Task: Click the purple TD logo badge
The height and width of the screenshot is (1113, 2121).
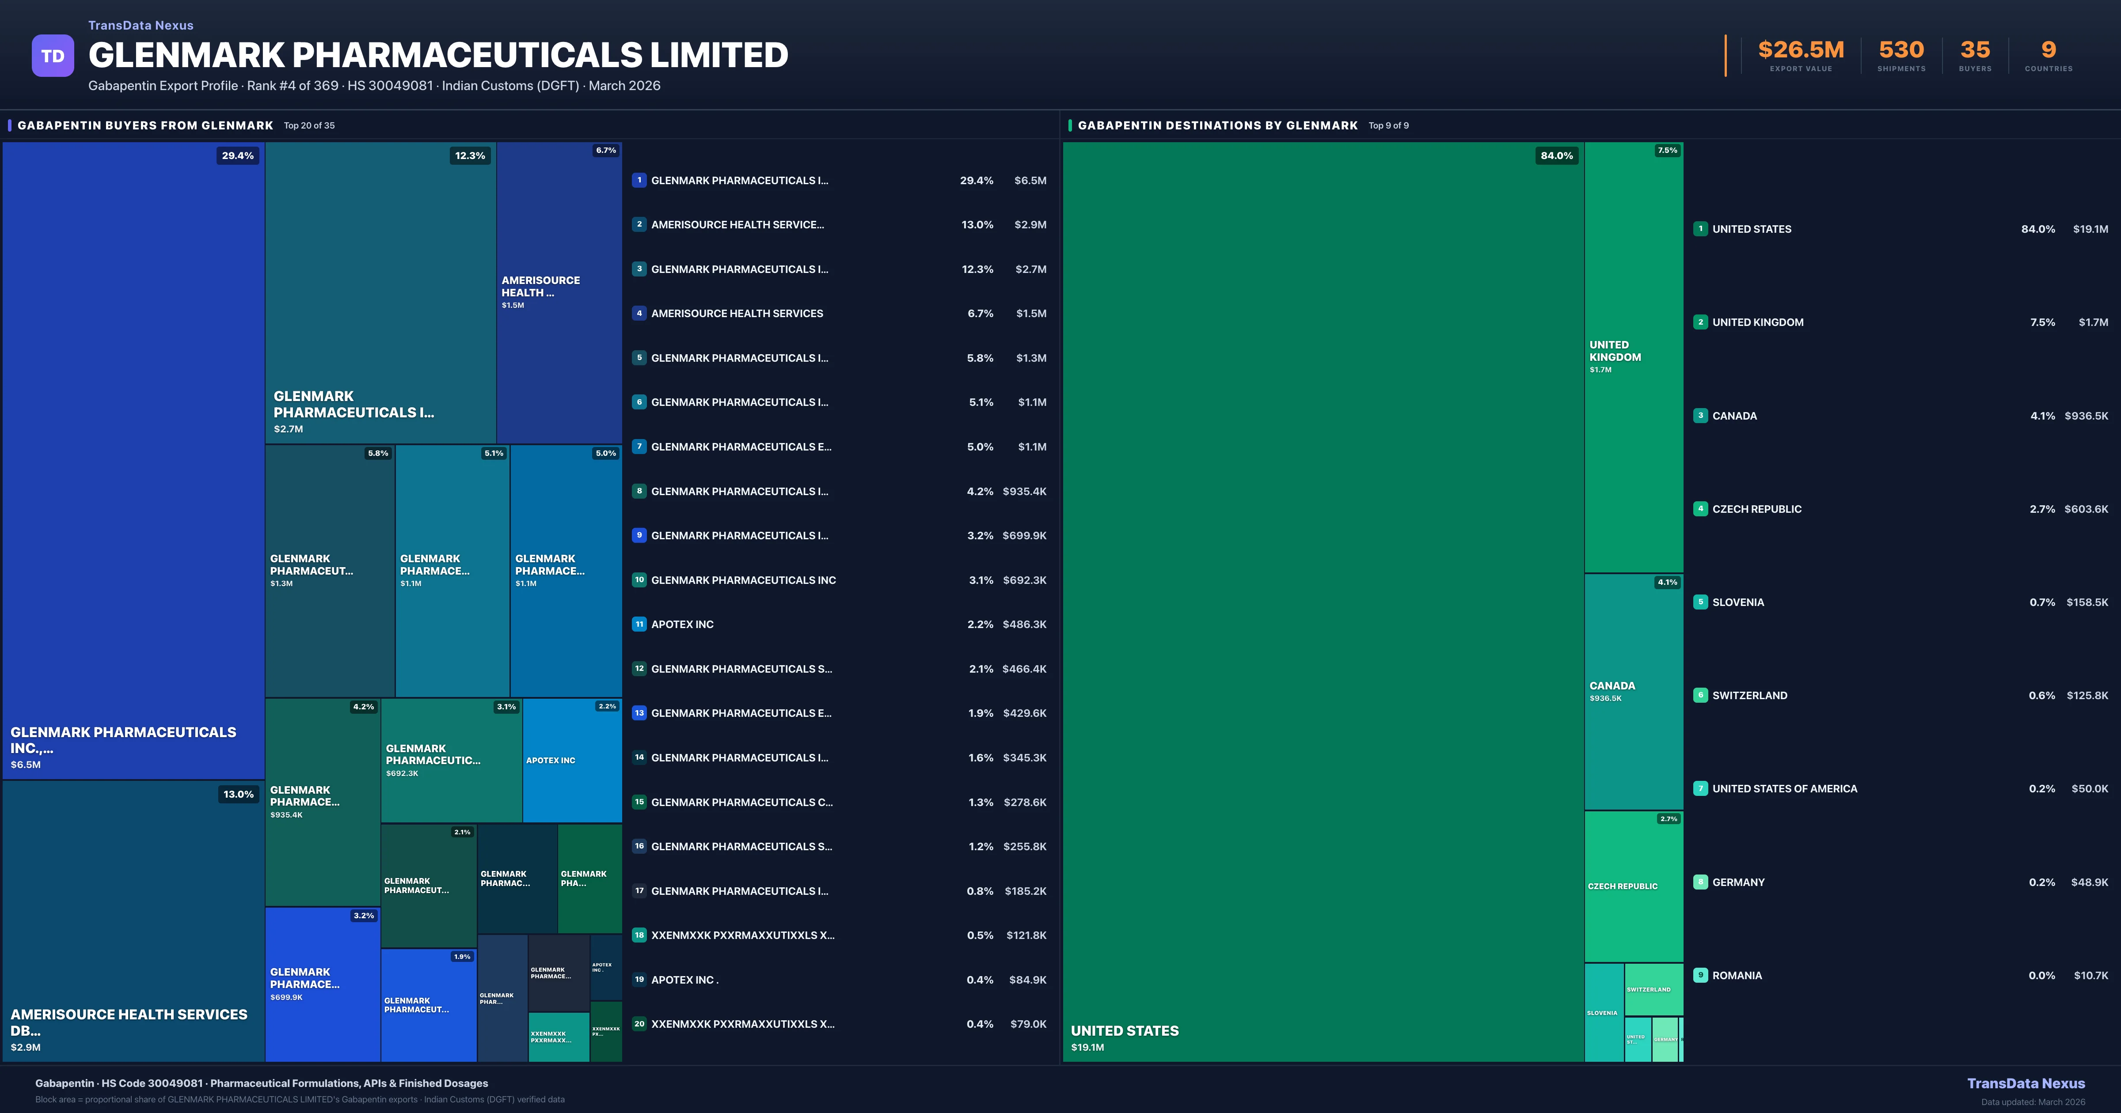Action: (x=53, y=56)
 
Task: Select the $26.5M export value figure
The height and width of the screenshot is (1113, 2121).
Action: (x=1801, y=50)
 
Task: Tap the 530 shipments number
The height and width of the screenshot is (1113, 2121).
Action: (x=1901, y=50)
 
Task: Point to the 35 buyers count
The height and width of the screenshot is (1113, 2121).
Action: (x=1974, y=50)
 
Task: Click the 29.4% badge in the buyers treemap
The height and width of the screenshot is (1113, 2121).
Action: (x=238, y=155)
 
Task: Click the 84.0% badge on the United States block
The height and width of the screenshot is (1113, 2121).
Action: (x=1556, y=155)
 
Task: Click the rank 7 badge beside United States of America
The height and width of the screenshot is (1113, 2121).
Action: (x=1700, y=789)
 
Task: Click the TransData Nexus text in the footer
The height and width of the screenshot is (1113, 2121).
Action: (x=2026, y=1083)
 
